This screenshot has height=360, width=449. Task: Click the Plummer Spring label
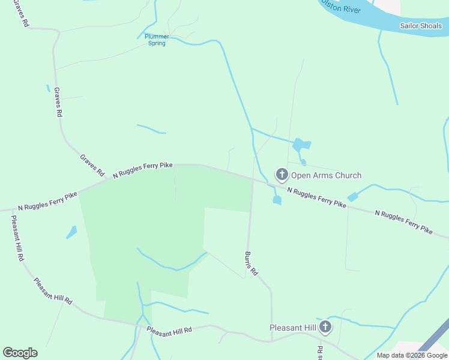[x=157, y=40]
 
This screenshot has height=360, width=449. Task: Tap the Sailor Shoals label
[x=421, y=26]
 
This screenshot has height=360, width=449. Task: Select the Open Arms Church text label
[x=326, y=175]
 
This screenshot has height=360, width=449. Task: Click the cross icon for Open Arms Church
[x=282, y=175]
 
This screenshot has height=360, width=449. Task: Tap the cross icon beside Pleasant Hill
[x=325, y=327]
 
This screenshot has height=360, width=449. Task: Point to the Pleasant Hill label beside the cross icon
[x=293, y=328]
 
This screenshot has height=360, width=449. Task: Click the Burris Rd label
[x=251, y=263]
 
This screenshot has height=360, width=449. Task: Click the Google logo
[x=20, y=353]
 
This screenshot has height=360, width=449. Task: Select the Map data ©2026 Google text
[x=412, y=355]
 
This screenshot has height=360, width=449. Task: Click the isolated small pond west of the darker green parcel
[x=71, y=232]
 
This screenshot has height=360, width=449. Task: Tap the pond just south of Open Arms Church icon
[x=277, y=200]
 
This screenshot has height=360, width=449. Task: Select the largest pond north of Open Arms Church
[x=301, y=145]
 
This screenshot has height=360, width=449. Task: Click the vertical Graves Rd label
[x=58, y=102]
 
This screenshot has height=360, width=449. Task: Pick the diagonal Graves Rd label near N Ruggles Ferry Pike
[x=92, y=164]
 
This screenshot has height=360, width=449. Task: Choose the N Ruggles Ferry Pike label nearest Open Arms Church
[x=316, y=197]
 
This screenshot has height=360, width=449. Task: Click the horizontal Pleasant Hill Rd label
[x=169, y=331]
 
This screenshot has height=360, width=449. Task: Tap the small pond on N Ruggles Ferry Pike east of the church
[x=352, y=196]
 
